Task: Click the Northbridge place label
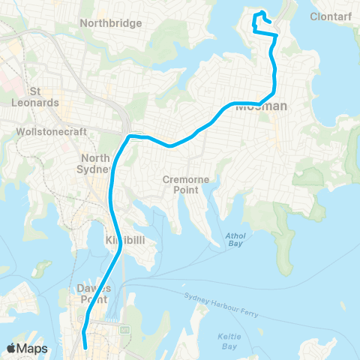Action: click(x=111, y=23)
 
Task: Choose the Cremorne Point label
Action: click(x=183, y=184)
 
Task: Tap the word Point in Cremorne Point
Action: click(x=183, y=190)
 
